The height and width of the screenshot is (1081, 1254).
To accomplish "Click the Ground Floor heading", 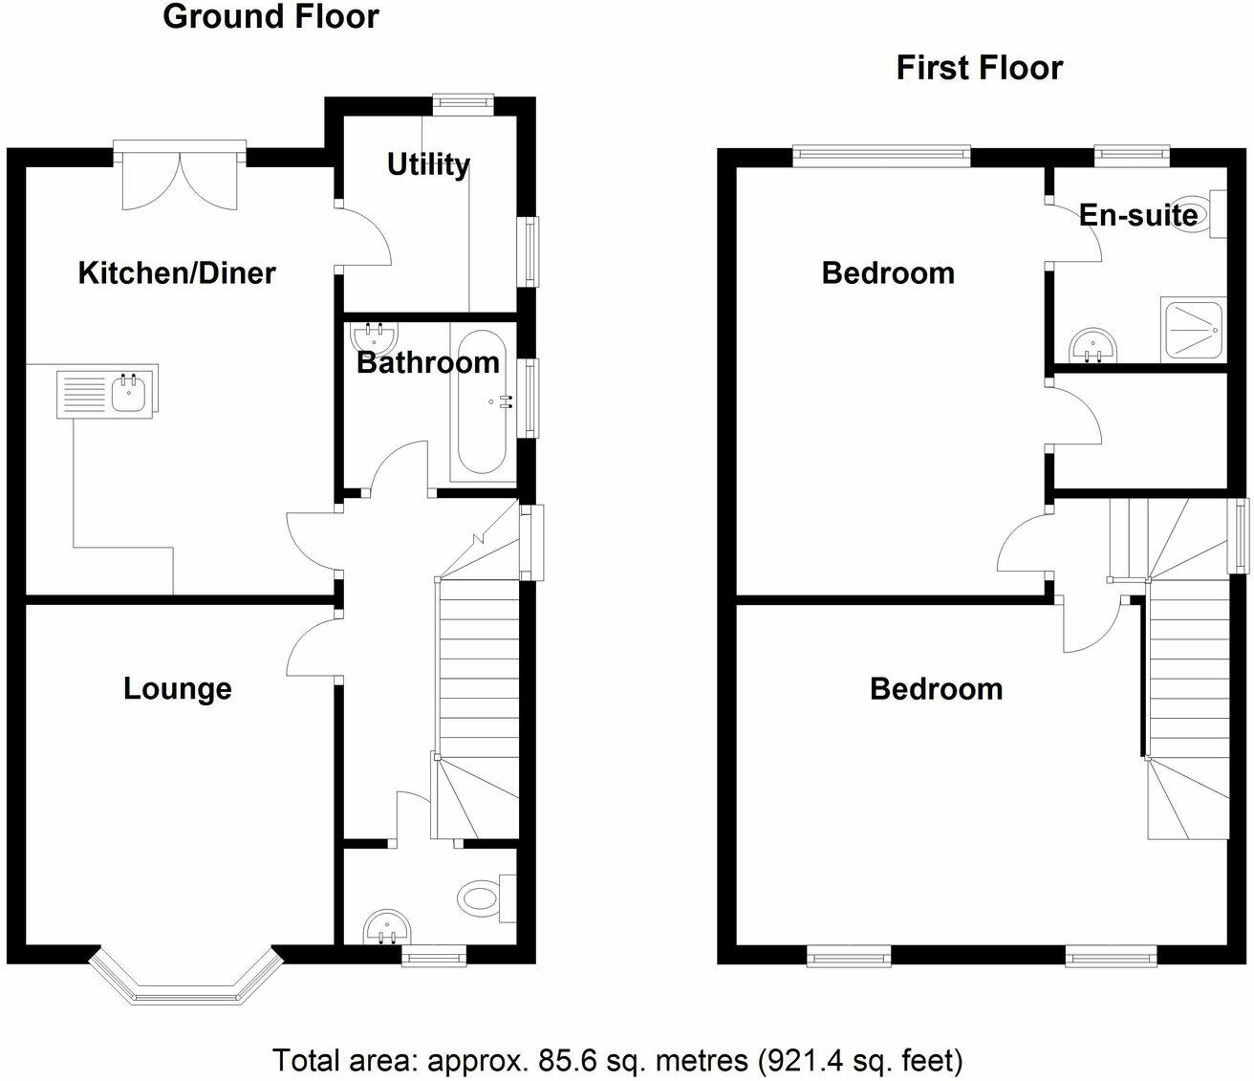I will point(270,16).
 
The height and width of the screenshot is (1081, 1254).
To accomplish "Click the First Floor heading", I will point(979,68).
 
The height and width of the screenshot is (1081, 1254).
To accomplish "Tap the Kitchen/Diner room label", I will point(177,273).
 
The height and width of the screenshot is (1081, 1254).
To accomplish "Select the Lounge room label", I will point(178,689).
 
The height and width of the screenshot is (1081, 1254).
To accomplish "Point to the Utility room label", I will point(428,164).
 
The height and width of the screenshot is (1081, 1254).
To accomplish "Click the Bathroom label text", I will point(427,363).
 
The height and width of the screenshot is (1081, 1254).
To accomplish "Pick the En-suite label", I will point(1137,215).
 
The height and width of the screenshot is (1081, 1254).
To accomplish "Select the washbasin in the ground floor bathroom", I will point(376,336).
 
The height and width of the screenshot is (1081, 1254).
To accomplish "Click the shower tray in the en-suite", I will point(1192,330).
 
